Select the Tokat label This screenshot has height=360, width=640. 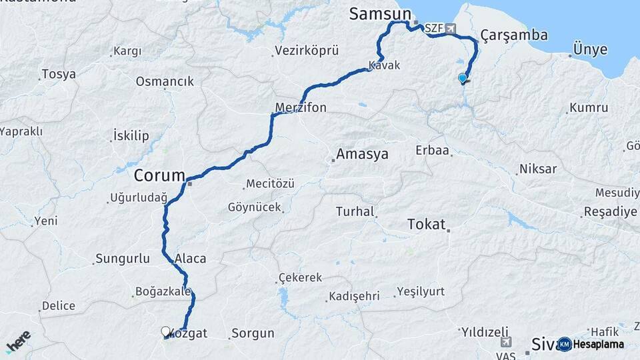click(x=426, y=224)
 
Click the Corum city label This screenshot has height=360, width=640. click(x=159, y=176)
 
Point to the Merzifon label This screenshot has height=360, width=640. click(x=301, y=107)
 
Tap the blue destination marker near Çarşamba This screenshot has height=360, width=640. click(x=463, y=79)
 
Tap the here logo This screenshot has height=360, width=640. click(x=18, y=342)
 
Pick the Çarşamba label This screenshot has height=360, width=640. click(x=505, y=35)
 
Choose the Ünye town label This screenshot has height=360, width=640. click(x=590, y=49)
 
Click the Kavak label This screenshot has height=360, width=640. click(x=384, y=65)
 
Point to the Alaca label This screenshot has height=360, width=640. click(x=191, y=259)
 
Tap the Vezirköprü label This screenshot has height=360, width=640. click(x=307, y=51)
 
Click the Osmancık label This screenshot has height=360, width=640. click(x=165, y=81)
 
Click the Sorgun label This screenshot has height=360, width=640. click(x=253, y=333)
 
